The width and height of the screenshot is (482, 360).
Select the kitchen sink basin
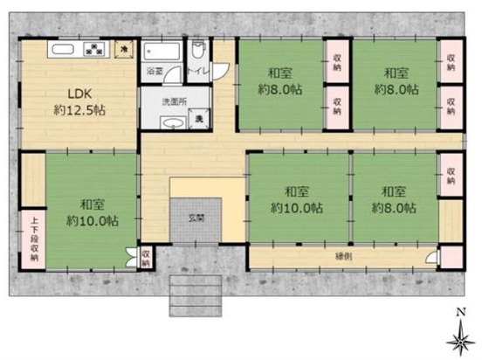click(x=64, y=49)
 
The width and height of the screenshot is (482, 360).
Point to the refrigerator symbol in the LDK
click(x=125, y=50)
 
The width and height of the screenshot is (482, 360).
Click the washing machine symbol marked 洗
click(x=199, y=119)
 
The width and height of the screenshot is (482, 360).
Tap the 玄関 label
click(x=199, y=216)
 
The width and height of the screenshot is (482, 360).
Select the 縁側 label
click(x=345, y=255)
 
